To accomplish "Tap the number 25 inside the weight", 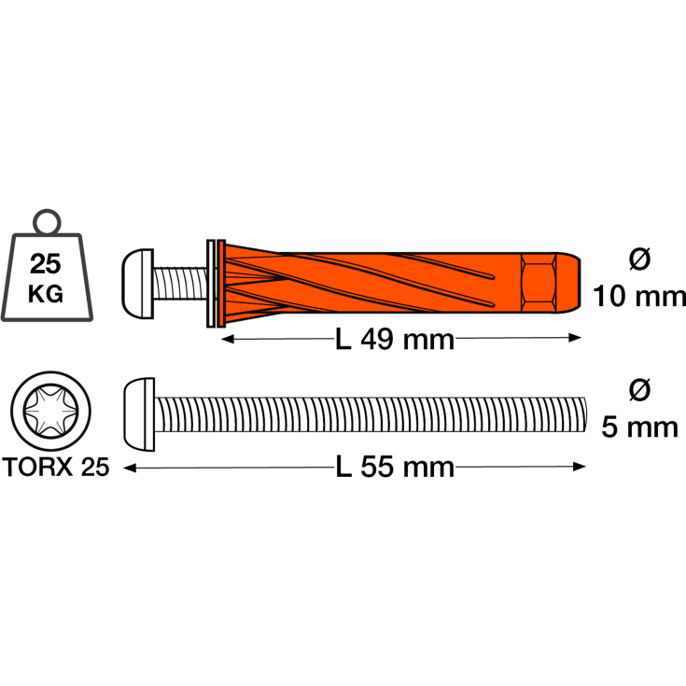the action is pos(46,264).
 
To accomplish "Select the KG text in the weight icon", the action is pos(46,294).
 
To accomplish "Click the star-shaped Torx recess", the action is pos(50,411).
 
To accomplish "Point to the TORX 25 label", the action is pos(56,467).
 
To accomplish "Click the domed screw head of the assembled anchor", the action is pos(137,284).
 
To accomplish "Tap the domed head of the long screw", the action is pos(139,414).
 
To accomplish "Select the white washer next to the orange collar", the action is pos(210,284).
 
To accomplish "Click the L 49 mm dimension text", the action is pos(395,340).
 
